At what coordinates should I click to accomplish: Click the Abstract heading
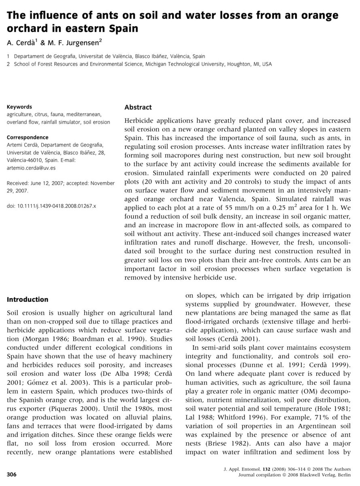pyautogui.click(x=138, y=107)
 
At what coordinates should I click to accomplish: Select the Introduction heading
pyautogui.click(x=28, y=300)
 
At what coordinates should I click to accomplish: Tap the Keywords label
pyautogui.click(x=19, y=107)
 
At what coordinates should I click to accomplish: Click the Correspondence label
pyautogui.click(x=28, y=137)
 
